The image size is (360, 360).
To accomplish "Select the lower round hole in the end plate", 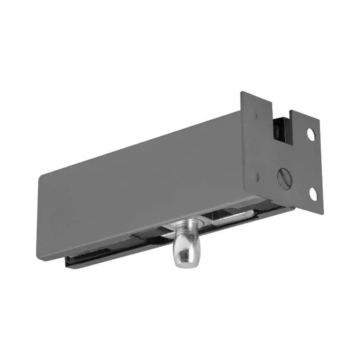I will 313,193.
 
